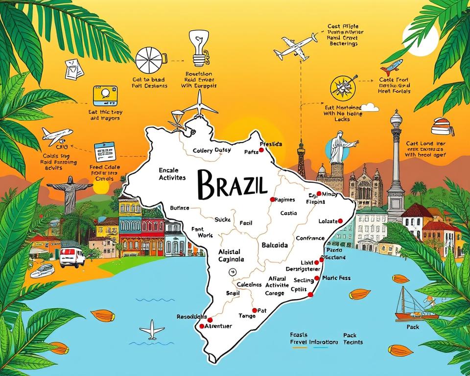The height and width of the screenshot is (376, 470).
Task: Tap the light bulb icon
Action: (198, 48)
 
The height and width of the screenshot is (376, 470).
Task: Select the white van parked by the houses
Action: (72, 257)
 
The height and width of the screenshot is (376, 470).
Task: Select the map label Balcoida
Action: (275, 244)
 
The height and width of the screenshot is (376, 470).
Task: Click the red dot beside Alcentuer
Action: (201, 326)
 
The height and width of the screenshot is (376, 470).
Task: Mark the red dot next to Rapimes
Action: (272, 199)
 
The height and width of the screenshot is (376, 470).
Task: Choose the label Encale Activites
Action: (172, 174)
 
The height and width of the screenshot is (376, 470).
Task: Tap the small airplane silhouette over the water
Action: (152, 329)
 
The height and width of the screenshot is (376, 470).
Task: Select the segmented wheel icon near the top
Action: (149, 61)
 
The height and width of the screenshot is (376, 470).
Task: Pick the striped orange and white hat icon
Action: (442, 127)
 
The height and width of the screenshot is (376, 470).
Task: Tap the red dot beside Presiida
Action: (261, 150)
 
